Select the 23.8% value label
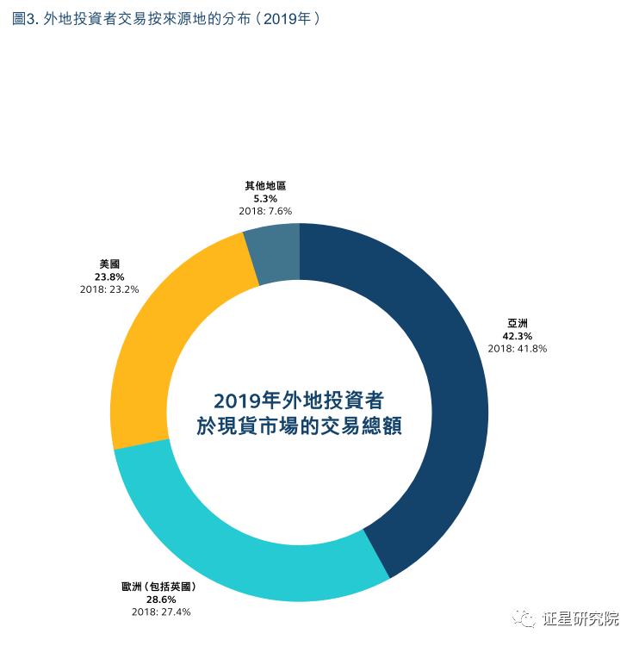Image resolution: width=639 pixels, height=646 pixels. [109, 277]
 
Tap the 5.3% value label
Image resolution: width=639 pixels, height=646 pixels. [265, 197]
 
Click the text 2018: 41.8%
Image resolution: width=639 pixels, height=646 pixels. [517, 349]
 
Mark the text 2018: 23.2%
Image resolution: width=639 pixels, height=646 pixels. [109, 289]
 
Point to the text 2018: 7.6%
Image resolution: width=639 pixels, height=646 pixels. [265, 210]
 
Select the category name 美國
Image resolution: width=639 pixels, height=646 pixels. [109, 265]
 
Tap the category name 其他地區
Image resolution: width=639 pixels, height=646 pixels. [265, 185]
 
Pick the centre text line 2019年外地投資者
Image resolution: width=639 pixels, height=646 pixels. [299, 401]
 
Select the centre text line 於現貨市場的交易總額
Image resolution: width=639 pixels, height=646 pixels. [299, 426]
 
